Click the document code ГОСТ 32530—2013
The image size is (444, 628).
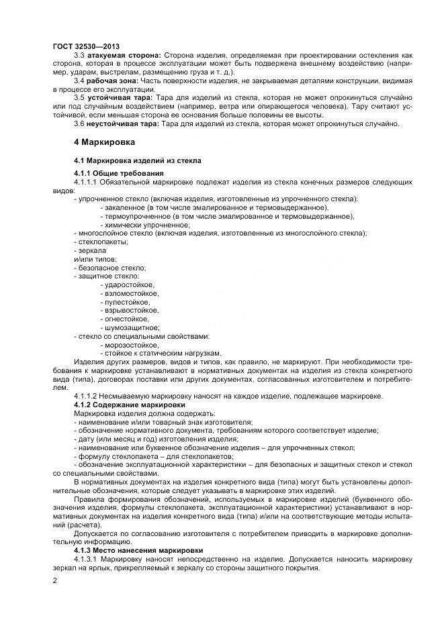(82, 46)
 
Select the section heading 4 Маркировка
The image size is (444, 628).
(104, 142)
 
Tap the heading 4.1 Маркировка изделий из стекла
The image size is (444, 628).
(137, 161)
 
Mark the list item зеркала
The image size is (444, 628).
(91, 250)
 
